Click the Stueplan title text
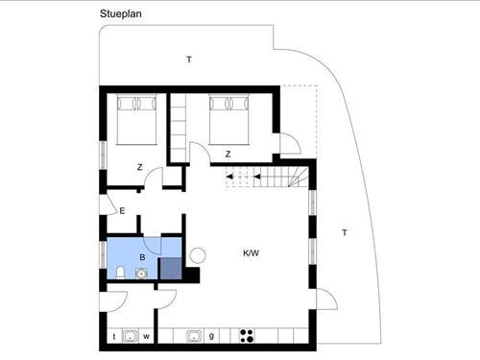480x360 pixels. click(121, 13)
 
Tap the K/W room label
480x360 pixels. click(251, 253)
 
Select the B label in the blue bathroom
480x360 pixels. click(142, 257)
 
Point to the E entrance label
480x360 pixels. click(122, 211)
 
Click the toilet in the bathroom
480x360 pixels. click(120, 273)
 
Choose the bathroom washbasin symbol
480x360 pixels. click(141, 274)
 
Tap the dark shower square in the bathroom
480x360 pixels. click(171, 269)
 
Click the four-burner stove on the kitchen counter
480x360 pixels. click(247, 336)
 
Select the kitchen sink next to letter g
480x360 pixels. click(195, 336)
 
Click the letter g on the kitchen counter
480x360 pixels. click(211, 336)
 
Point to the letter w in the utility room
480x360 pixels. click(146, 336)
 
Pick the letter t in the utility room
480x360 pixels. click(114, 336)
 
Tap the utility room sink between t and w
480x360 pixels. click(131, 336)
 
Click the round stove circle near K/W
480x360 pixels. click(197, 255)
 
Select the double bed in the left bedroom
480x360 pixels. click(136, 119)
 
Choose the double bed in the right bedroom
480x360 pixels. click(228, 119)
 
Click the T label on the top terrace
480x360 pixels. click(189, 60)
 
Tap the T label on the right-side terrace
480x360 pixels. click(345, 232)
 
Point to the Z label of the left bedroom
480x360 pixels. click(139, 167)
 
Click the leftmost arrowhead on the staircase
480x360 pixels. click(229, 177)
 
